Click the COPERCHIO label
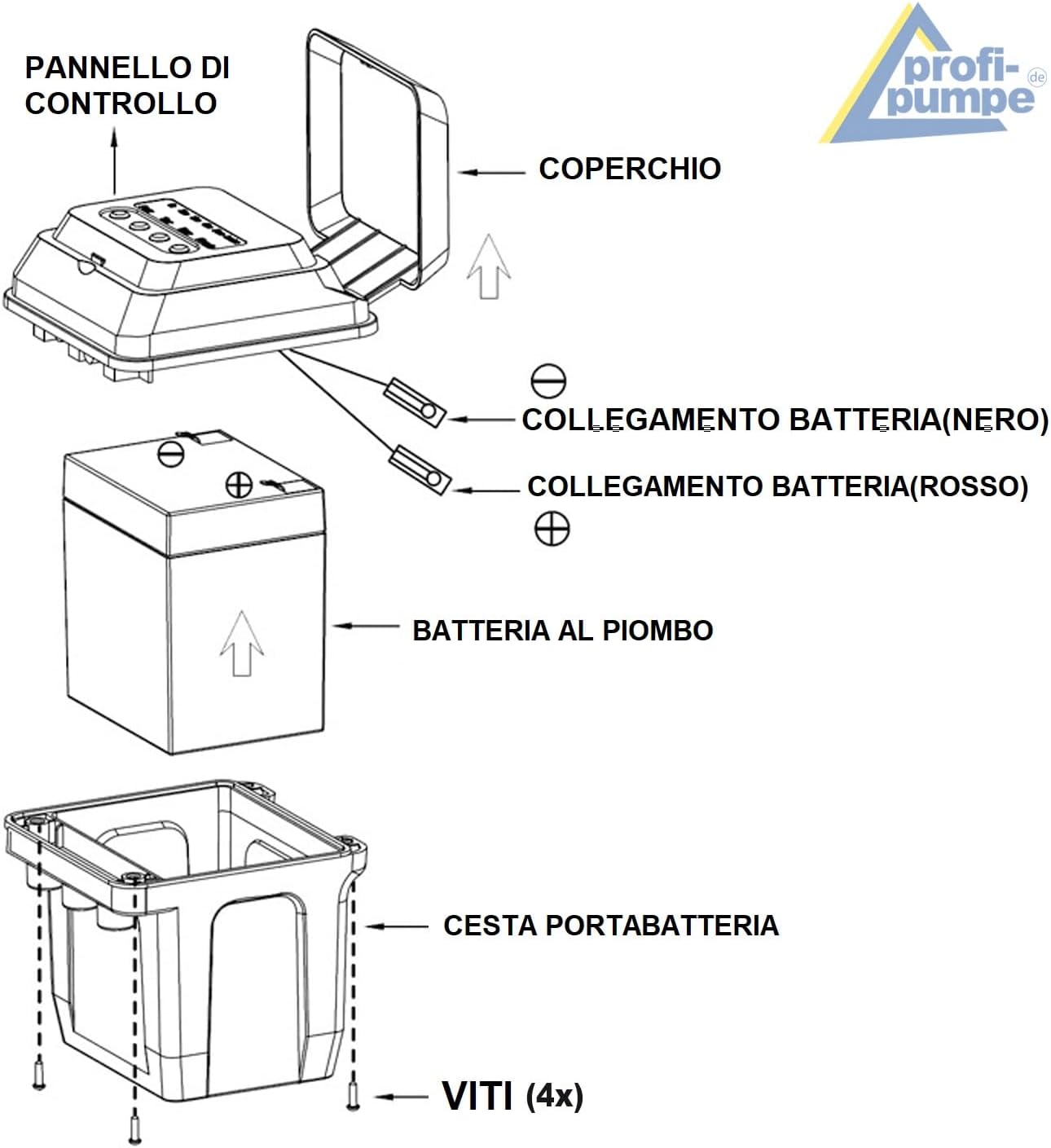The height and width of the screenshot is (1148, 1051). (630, 169)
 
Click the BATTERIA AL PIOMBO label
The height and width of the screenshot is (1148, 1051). (563, 631)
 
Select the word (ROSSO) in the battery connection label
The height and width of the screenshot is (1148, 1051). (970, 486)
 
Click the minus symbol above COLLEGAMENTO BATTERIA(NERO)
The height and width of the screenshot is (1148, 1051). (548, 380)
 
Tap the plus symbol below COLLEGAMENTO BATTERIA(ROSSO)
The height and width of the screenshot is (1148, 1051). (552, 528)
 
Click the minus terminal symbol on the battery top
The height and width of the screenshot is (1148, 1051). (170, 454)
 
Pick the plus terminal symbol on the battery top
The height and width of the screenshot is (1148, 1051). (239, 486)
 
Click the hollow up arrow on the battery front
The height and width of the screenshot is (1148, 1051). (242, 643)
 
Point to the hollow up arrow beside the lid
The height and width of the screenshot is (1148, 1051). (488, 266)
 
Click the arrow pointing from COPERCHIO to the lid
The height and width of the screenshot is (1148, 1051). (491, 172)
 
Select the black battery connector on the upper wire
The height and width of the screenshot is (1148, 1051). (415, 402)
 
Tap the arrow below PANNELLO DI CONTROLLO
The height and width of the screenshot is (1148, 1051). (115, 161)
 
